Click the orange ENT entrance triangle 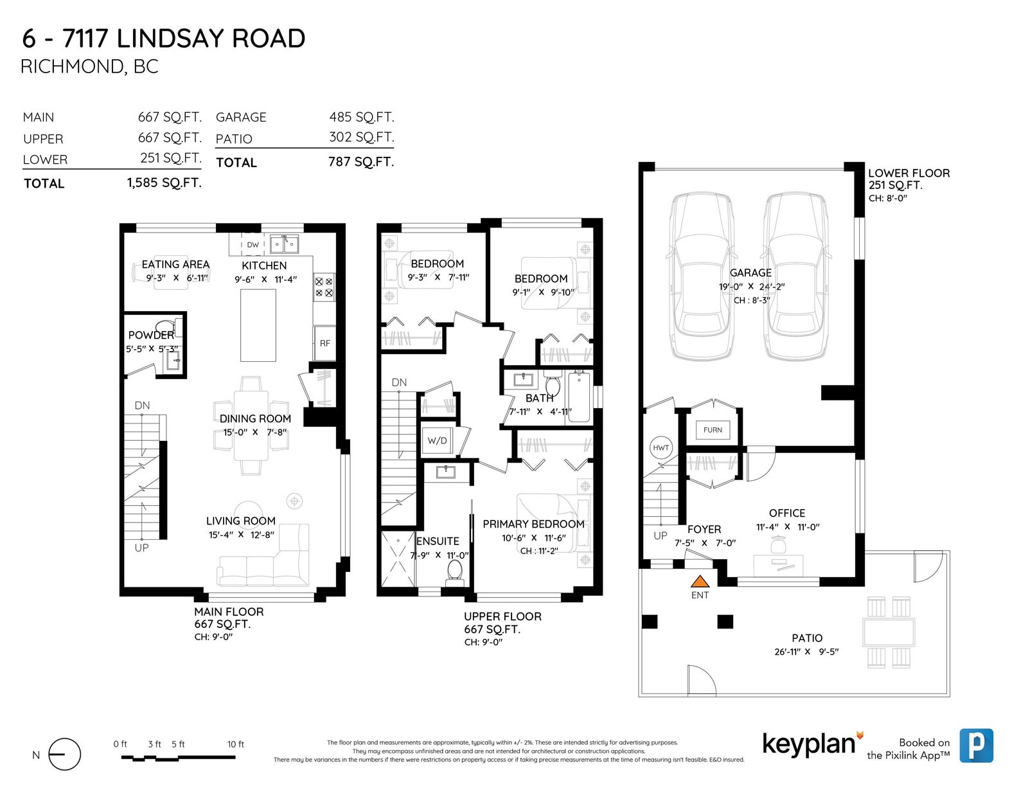coord(700,582)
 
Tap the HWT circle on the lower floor coord(661,448)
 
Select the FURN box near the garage coord(713,430)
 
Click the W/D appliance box coord(438,441)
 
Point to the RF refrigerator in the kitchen coord(324,343)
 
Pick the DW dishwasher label coord(253,245)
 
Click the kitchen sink coord(284,244)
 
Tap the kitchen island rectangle coord(258,326)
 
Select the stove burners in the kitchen coord(324,287)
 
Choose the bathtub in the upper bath coord(579,397)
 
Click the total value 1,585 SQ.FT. coord(164,183)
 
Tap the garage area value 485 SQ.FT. coord(362,116)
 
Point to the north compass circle coord(65,755)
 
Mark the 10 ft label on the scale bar coord(236,744)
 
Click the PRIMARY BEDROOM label coord(534,524)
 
